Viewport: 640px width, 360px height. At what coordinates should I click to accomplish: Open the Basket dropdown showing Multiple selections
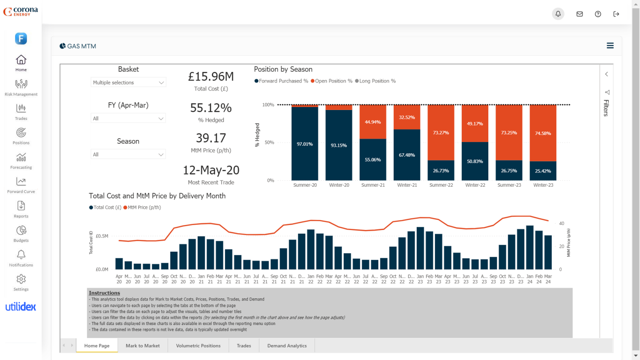(x=128, y=82)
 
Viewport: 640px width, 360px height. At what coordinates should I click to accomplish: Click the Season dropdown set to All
(x=128, y=154)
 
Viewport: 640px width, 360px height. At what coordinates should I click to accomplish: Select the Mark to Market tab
(x=142, y=346)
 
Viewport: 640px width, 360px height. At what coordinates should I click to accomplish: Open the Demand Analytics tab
(x=287, y=346)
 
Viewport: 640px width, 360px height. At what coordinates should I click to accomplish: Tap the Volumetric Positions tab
(x=198, y=346)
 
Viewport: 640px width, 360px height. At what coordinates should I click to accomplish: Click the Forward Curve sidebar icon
(x=21, y=182)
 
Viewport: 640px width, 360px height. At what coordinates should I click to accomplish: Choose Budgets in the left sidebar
(x=21, y=230)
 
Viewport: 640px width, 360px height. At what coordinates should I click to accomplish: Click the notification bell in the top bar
(x=558, y=14)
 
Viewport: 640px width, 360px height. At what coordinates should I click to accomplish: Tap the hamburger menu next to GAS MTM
(x=610, y=46)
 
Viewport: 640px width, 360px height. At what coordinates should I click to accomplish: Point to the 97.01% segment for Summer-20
(x=305, y=144)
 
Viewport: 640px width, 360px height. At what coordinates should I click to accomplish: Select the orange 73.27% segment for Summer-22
(x=441, y=132)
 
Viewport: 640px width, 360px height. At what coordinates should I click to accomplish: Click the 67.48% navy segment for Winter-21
(x=407, y=155)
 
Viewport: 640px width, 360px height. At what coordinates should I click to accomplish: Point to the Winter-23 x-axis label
(x=543, y=185)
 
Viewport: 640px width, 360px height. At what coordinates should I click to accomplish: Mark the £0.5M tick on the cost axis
(x=102, y=236)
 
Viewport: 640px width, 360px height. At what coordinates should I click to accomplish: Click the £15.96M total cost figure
(x=211, y=77)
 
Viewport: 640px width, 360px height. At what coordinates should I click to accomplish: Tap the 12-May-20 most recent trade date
(x=211, y=170)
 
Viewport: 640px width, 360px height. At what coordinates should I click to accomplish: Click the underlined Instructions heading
(x=104, y=293)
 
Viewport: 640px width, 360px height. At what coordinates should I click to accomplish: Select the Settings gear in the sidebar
(x=21, y=279)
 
